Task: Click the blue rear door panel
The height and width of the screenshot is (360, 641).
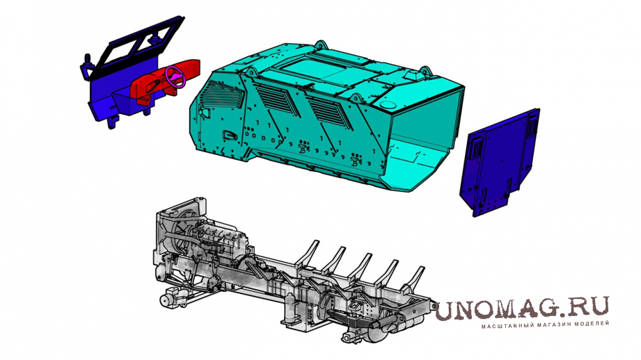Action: [500, 162]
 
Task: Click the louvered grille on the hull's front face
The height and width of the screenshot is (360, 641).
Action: [223, 95]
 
